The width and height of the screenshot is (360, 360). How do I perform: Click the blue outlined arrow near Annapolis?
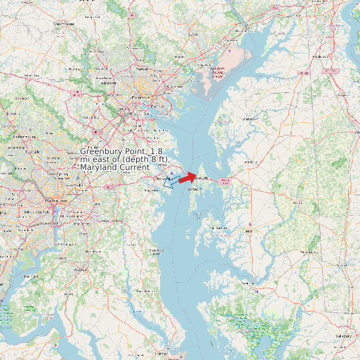(x=170, y=181)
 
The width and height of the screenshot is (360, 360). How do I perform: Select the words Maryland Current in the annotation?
(x=115, y=167)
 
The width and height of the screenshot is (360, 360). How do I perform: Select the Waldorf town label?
(x=81, y=269)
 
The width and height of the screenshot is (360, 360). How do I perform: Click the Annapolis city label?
(x=162, y=179)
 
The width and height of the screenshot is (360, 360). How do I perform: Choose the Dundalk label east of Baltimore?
(x=159, y=106)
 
